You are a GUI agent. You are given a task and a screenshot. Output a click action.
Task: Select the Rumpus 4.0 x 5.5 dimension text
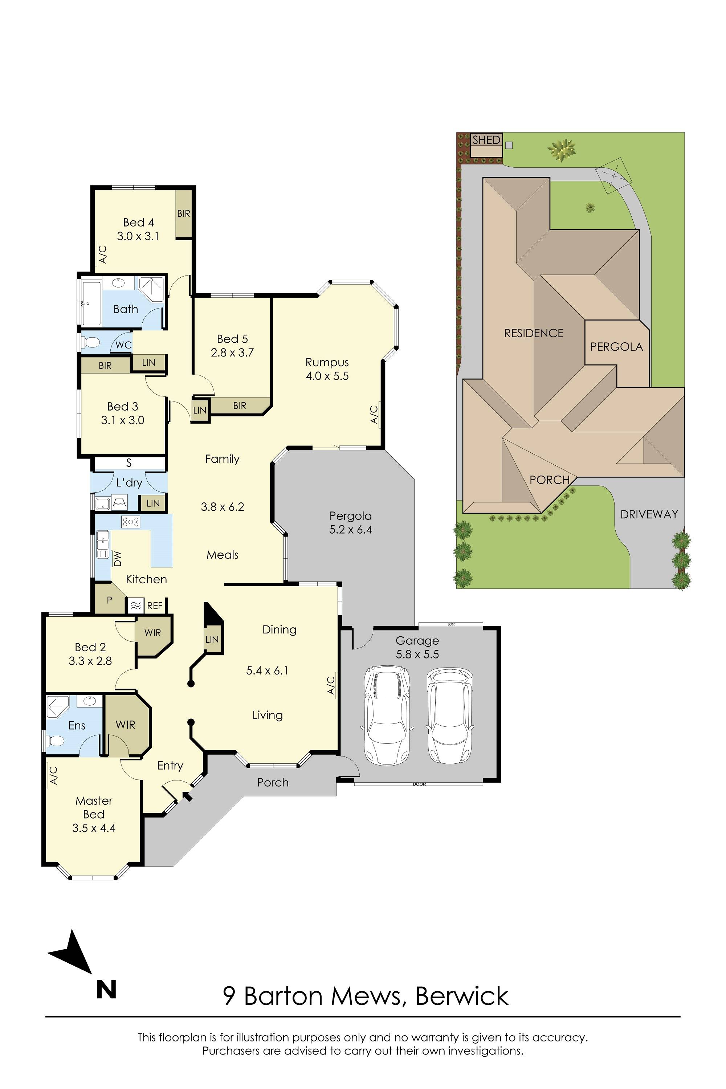coord(327,376)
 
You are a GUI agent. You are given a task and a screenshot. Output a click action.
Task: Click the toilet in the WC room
coord(91,343)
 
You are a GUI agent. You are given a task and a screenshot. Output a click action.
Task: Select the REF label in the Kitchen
coord(155,605)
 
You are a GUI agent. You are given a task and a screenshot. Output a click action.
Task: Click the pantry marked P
coord(109,600)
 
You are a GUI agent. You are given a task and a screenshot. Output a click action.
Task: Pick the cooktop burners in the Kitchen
coord(131,522)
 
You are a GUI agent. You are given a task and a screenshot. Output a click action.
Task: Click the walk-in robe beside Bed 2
coord(153,633)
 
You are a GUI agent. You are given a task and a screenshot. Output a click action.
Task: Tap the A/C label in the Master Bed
coord(53,775)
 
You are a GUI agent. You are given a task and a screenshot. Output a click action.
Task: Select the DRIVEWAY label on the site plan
coord(649,514)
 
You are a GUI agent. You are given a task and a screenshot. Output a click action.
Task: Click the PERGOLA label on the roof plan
coord(616,347)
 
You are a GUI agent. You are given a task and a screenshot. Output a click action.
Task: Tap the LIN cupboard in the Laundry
coord(153,503)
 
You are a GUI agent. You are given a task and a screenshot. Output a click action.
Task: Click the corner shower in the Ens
coord(58,707)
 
